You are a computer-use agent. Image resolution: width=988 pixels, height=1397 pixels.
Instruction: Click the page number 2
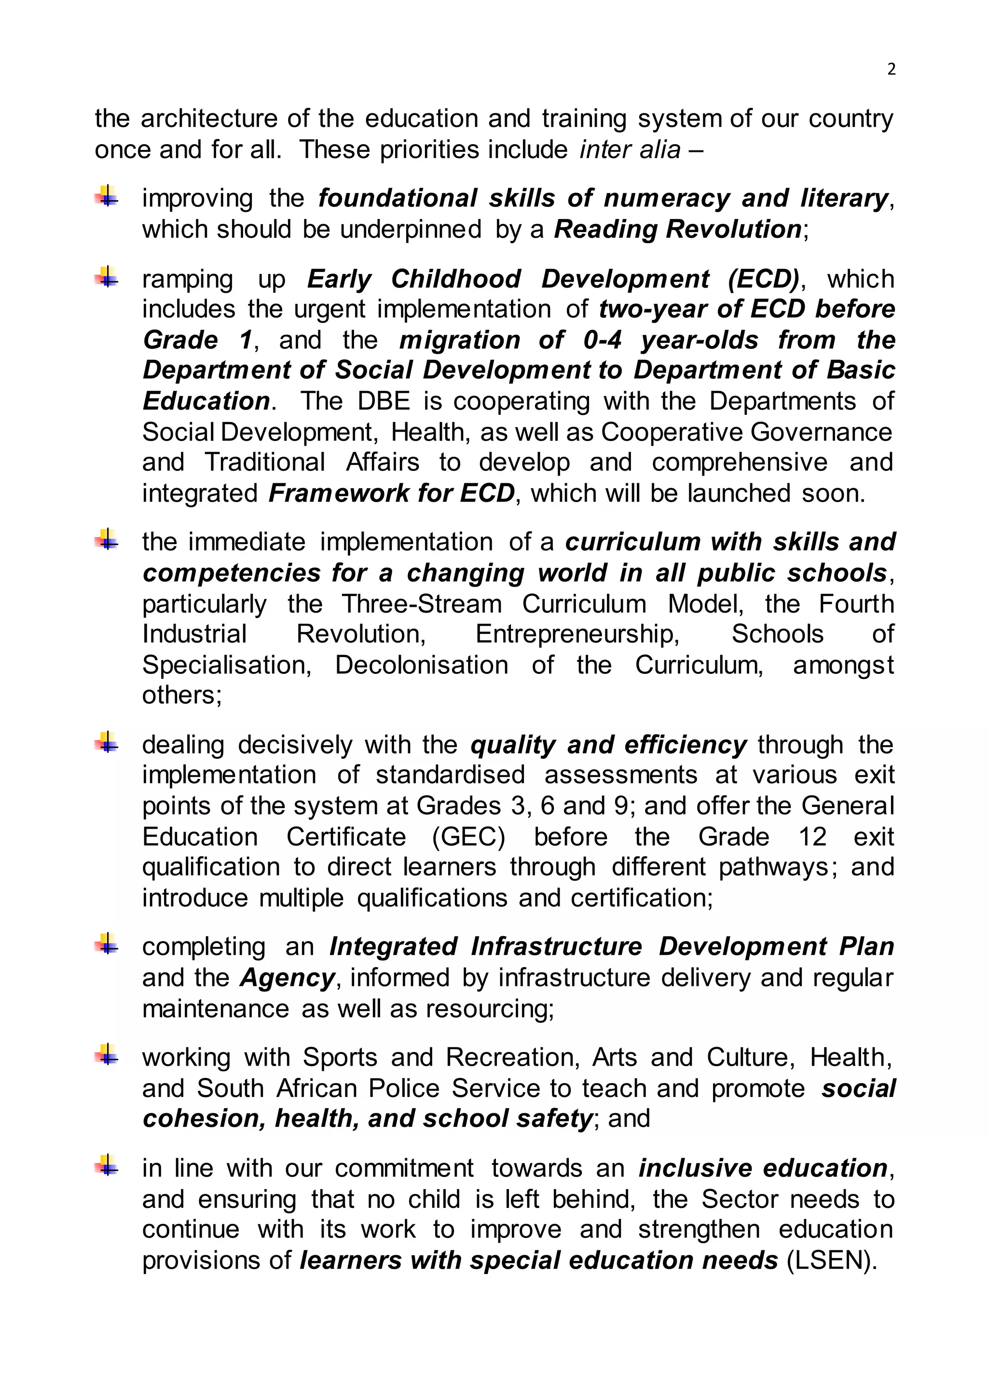pos(891,69)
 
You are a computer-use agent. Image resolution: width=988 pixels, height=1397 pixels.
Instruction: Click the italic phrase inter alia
pos(630,150)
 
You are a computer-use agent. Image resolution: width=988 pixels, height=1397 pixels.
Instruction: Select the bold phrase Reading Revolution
pos(678,230)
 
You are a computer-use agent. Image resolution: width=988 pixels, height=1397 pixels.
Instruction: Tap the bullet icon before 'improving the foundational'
pos(107,196)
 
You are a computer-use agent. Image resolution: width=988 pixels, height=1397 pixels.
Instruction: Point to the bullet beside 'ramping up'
pos(107,277)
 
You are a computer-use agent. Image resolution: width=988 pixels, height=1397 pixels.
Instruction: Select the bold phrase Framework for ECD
pos(392,493)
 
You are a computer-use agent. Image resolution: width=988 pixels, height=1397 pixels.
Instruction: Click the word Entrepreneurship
pos(577,634)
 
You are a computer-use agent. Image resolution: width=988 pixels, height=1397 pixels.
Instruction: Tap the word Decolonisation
pos(422,665)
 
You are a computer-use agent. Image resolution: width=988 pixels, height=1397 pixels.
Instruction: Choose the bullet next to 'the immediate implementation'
pos(107,540)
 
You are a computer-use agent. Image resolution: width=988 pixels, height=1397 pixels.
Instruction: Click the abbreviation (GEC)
pos(468,836)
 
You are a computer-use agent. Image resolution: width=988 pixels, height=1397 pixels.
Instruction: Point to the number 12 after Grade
pos(812,836)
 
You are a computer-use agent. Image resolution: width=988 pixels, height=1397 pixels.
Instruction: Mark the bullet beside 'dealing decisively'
pos(107,743)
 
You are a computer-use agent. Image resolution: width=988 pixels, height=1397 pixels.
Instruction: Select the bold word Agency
pos(288,978)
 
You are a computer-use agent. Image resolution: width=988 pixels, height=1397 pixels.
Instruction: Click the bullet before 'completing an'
pos(107,945)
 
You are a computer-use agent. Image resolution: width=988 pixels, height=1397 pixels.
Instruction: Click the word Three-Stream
pos(422,604)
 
